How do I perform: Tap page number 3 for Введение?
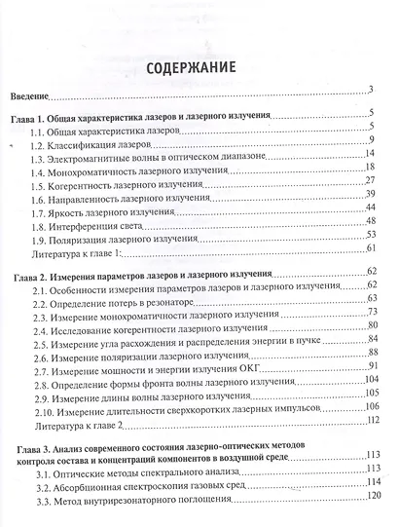(x=371, y=93)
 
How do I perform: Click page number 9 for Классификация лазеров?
(x=373, y=139)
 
